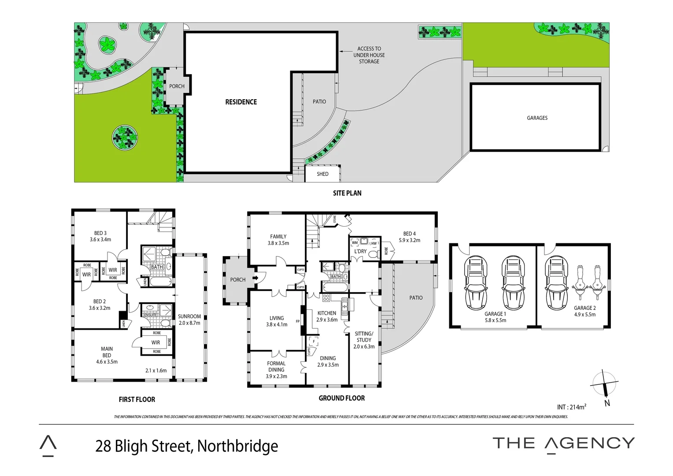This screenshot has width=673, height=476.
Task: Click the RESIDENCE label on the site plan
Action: (x=241, y=102)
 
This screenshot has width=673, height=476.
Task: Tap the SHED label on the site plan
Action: (x=322, y=174)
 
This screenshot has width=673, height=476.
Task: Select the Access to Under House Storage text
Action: (x=369, y=55)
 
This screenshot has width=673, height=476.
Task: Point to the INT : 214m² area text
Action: (x=571, y=407)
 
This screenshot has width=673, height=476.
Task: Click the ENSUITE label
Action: (x=151, y=315)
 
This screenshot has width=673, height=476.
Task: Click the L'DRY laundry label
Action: (x=360, y=251)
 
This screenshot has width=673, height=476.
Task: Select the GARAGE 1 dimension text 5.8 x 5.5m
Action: (x=495, y=320)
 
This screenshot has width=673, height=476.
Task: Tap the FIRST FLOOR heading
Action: (x=137, y=400)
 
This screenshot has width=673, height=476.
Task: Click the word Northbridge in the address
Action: (x=237, y=446)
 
